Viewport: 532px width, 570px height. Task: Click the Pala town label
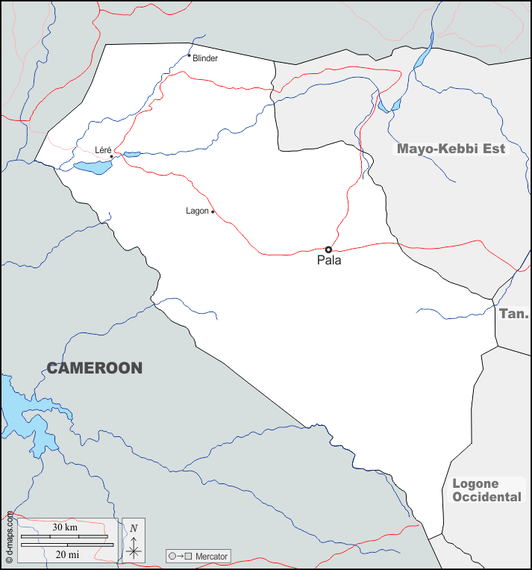point(329,261)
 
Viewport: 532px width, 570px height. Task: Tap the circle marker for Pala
point(328,250)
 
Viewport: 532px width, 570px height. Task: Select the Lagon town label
point(197,211)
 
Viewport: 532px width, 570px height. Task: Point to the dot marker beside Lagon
point(213,211)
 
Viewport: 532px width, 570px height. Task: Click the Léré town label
point(103,150)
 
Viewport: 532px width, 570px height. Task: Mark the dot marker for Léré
point(112,156)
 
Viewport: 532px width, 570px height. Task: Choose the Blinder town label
point(205,58)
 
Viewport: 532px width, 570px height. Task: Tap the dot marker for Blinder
point(189,55)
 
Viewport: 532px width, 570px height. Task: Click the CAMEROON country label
point(95,368)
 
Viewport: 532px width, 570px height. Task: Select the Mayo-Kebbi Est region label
point(451,149)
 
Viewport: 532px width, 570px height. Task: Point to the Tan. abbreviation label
point(513,314)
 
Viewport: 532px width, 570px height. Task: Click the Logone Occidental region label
point(486,491)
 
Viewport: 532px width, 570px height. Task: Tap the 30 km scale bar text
point(65,527)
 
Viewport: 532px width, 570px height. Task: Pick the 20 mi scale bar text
point(67,554)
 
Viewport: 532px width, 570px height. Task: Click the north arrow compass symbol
point(134,539)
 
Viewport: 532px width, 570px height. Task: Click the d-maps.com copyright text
point(9,536)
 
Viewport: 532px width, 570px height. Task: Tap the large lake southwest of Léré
point(92,167)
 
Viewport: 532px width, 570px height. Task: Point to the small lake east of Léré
point(132,155)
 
